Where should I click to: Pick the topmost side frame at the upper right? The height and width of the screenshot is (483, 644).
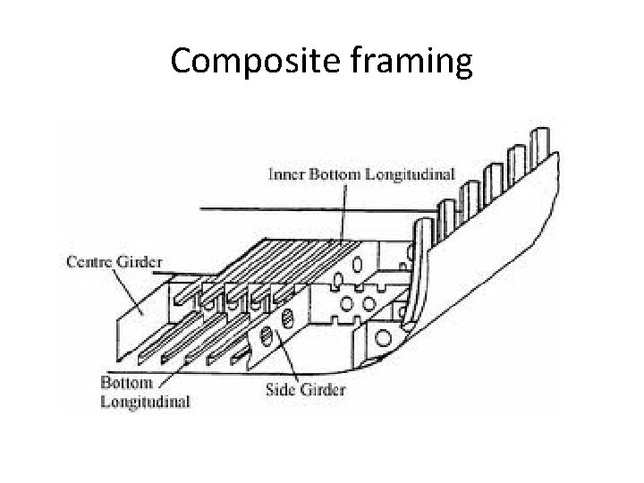point(541,144)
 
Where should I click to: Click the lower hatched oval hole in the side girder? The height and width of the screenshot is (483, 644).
point(267,337)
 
